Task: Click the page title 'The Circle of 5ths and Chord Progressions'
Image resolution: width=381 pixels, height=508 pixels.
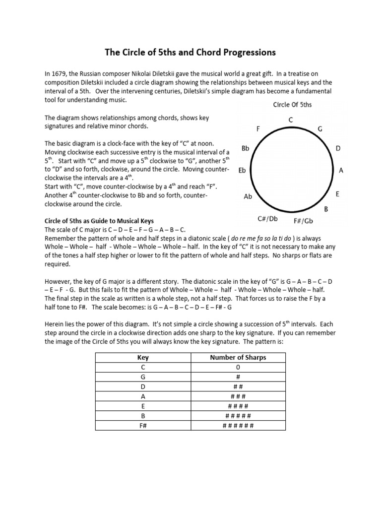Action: click(x=190, y=52)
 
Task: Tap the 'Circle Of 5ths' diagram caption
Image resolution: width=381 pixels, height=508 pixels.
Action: click(x=292, y=105)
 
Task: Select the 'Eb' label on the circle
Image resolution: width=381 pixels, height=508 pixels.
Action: click(x=243, y=170)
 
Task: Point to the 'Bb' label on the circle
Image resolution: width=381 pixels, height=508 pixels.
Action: click(x=245, y=148)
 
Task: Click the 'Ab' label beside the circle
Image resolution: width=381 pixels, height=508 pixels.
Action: click(x=248, y=196)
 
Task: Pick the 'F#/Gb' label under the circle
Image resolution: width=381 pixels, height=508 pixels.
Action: click(x=303, y=221)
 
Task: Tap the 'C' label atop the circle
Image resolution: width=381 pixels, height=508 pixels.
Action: click(x=291, y=120)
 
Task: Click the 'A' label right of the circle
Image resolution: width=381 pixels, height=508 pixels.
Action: click(x=341, y=170)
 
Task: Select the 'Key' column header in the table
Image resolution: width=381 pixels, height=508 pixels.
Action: click(x=142, y=357)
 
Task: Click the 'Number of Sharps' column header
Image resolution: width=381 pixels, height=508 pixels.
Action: click(x=238, y=357)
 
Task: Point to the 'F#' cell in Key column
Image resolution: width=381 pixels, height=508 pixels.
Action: click(x=142, y=426)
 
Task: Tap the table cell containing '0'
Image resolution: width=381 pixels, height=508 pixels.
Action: click(x=238, y=367)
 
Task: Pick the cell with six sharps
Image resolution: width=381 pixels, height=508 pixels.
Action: click(x=238, y=426)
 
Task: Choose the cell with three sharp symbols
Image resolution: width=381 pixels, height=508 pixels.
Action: click(x=238, y=396)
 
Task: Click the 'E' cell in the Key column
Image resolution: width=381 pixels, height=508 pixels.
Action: click(x=142, y=406)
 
